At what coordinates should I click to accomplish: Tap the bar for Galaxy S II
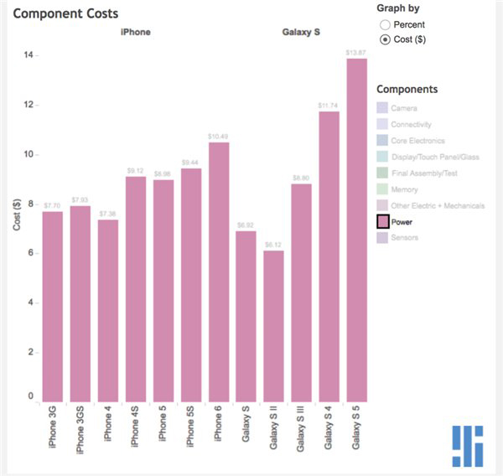274,327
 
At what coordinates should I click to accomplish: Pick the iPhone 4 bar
108,310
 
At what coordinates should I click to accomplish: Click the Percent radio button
386,25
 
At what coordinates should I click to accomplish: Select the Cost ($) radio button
386,39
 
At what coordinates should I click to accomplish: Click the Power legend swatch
382,222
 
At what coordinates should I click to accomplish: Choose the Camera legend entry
403,108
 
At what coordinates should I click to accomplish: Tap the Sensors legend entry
405,238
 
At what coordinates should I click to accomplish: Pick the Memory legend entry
404,189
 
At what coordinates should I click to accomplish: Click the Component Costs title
66,13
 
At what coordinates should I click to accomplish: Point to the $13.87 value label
357,53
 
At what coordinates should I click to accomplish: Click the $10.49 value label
219,136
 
